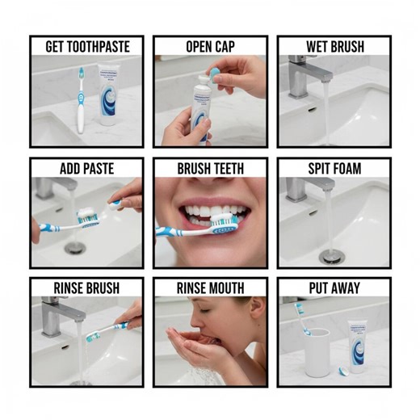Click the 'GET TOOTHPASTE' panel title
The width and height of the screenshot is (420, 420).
(x=86, y=47)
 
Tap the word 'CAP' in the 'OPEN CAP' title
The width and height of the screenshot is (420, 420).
(x=224, y=47)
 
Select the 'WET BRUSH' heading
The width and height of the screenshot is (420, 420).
(x=334, y=47)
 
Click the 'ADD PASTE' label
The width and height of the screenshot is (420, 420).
(x=86, y=169)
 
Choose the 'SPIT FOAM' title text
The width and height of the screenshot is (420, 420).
(x=334, y=169)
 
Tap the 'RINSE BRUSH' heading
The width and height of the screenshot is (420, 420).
(x=86, y=288)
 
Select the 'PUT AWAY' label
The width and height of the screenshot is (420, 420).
(x=334, y=288)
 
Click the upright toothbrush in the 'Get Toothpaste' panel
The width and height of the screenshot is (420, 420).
(x=81, y=101)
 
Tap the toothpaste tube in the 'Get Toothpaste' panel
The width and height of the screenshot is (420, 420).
(x=111, y=95)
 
